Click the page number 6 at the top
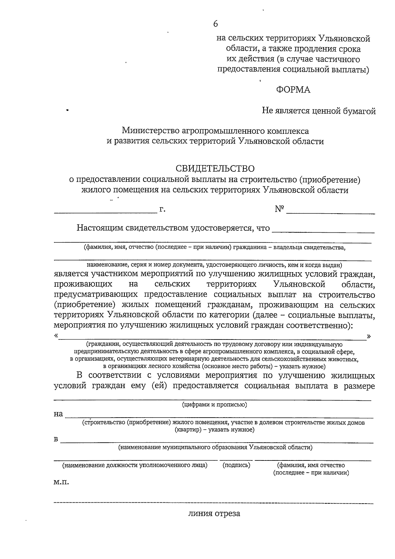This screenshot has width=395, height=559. (216, 24)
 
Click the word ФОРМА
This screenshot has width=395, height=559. (293, 90)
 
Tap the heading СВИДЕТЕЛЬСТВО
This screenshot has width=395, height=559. (215, 169)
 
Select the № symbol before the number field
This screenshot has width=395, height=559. (279, 209)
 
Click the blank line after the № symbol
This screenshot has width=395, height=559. (330, 213)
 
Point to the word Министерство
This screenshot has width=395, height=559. (150, 131)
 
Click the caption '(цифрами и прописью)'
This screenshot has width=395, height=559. (215, 404)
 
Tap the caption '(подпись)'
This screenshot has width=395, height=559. (236, 465)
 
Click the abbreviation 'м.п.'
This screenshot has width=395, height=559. (61, 482)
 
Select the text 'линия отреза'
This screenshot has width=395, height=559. (214, 513)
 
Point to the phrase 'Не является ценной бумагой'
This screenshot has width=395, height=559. (319, 111)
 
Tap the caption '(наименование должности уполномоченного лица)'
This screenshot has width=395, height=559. (135, 465)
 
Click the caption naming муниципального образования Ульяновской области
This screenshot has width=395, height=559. (215, 447)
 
